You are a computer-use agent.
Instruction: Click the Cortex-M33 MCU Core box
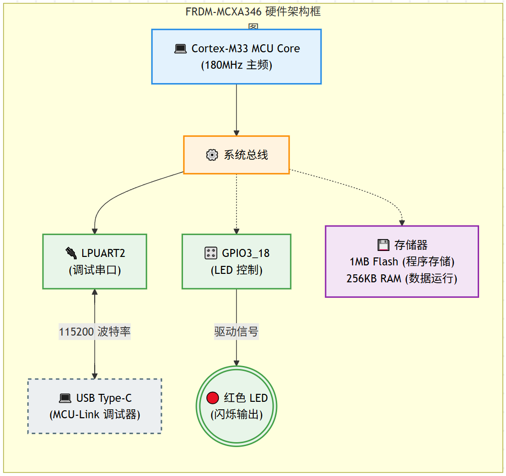click(236, 56)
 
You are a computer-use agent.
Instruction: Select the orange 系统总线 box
click(236, 155)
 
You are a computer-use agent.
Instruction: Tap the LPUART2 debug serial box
click(95, 261)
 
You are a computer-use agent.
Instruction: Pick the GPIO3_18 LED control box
click(236, 261)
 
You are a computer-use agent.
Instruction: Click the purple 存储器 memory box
click(402, 261)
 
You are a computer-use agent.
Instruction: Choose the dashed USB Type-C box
click(95, 406)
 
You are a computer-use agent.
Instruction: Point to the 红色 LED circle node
click(236, 406)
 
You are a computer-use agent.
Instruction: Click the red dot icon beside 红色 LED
click(213, 398)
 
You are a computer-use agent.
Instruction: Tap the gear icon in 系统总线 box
click(212, 155)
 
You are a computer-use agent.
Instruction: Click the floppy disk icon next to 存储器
click(383, 245)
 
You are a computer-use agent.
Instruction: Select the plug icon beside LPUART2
click(71, 253)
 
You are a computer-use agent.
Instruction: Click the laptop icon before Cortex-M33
click(180, 49)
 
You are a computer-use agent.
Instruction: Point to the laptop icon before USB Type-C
click(65, 398)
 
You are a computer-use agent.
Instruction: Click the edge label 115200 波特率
click(95, 332)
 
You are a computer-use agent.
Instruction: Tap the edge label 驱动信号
click(236, 332)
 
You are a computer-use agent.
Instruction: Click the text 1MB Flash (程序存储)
click(402, 261)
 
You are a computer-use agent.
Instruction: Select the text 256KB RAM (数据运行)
click(402, 278)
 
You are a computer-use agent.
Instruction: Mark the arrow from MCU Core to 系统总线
click(236, 110)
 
